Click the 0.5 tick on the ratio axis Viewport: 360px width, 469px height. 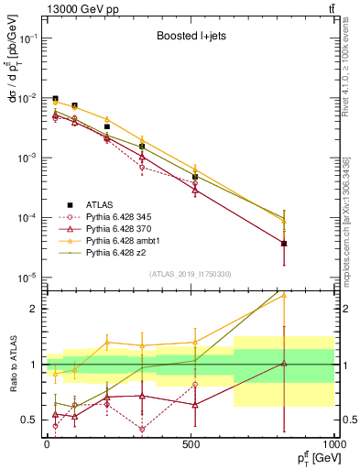pyautogui.click(x=28, y=420)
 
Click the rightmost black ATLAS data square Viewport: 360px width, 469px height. pyautogui.click(x=284, y=244)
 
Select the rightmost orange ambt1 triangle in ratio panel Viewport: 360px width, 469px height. pyautogui.click(x=284, y=296)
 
